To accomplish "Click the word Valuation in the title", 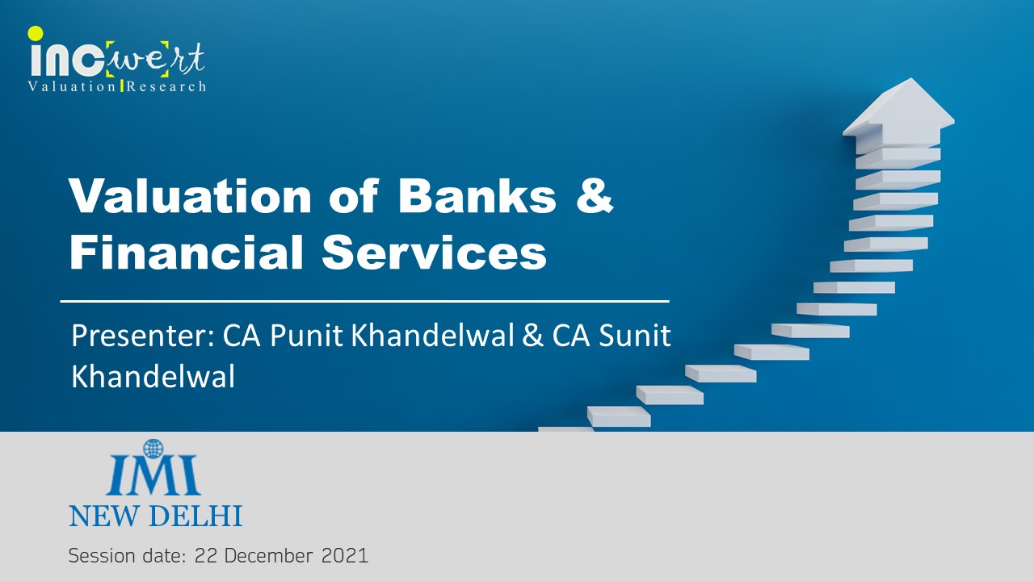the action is click(x=190, y=196).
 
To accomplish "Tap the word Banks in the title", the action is click(x=477, y=196).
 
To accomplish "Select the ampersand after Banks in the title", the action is click(x=595, y=196).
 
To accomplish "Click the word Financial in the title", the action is click(x=186, y=252).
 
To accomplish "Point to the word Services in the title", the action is click(x=435, y=253).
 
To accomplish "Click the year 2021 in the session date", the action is click(x=345, y=556).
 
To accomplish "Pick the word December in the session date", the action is click(x=268, y=556).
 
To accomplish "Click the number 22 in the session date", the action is click(x=206, y=556).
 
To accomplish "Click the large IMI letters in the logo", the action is click(x=153, y=475).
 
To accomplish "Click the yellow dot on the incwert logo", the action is click(x=36, y=33).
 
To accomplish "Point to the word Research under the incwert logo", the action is click(x=166, y=86).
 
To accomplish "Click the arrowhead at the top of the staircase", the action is click(x=898, y=107).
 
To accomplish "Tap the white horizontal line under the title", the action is click(x=364, y=302).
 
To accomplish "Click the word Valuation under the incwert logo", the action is click(x=72, y=86).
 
